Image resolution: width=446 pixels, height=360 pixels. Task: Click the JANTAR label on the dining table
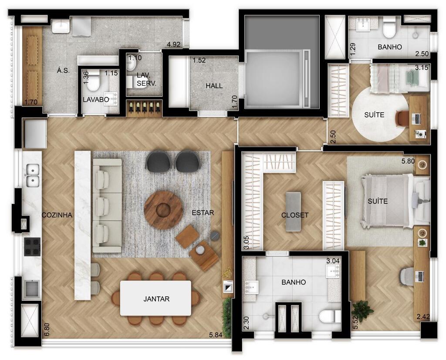[156, 299]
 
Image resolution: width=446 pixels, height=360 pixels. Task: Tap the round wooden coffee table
[163, 210]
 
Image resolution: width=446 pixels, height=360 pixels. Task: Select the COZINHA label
[57, 215]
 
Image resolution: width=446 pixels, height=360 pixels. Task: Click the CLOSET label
[295, 215]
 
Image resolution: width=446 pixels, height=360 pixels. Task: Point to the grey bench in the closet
[294, 212]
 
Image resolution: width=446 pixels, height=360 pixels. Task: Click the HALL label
[214, 86]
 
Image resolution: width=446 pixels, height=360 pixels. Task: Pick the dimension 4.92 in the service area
[174, 44]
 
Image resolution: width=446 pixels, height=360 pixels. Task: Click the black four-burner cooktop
[32, 247]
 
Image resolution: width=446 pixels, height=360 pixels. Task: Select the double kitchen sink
[33, 175]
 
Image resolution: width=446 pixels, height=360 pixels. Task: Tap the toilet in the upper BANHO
[389, 28]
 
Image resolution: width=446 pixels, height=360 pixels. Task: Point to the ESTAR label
[203, 213]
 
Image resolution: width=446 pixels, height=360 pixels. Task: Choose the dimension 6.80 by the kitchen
[47, 329]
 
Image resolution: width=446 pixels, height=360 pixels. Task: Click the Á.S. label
[63, 71]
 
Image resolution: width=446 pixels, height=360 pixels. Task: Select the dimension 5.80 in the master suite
[408, 161]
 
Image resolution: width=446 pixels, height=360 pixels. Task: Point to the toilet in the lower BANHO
[329, 317]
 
